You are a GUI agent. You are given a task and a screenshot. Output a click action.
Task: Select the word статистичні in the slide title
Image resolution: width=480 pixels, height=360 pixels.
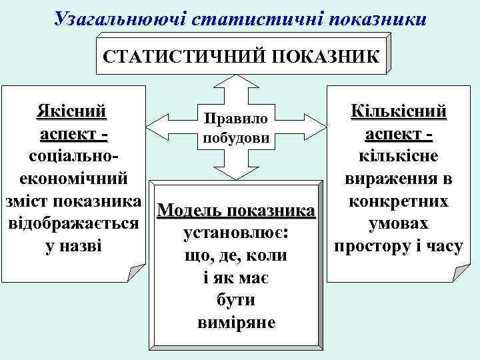[x=253, y=18]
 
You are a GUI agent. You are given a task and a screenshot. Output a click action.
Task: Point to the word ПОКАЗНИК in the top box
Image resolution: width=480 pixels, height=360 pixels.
[x=321, y=57]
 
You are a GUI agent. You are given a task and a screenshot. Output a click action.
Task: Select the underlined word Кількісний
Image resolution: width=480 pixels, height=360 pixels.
[x=399, y=111]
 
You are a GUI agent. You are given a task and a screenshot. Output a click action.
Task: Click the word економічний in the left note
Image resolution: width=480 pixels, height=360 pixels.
[x=74, y=178]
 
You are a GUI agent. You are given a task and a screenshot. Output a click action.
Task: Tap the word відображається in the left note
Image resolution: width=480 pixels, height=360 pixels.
[x=73, y=223]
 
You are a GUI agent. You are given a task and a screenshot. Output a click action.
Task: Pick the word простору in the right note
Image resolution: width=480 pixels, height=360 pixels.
[x=375, y=245]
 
